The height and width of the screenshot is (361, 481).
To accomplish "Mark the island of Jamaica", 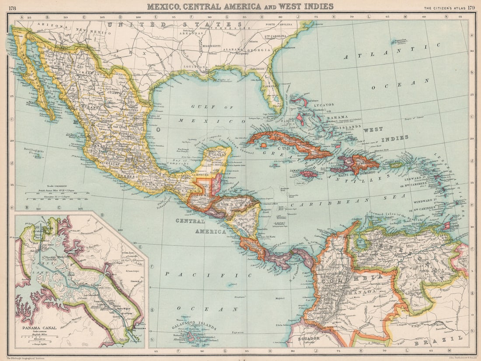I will pos(309,174).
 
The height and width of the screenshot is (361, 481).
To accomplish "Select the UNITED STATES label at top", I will pos(175,24).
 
